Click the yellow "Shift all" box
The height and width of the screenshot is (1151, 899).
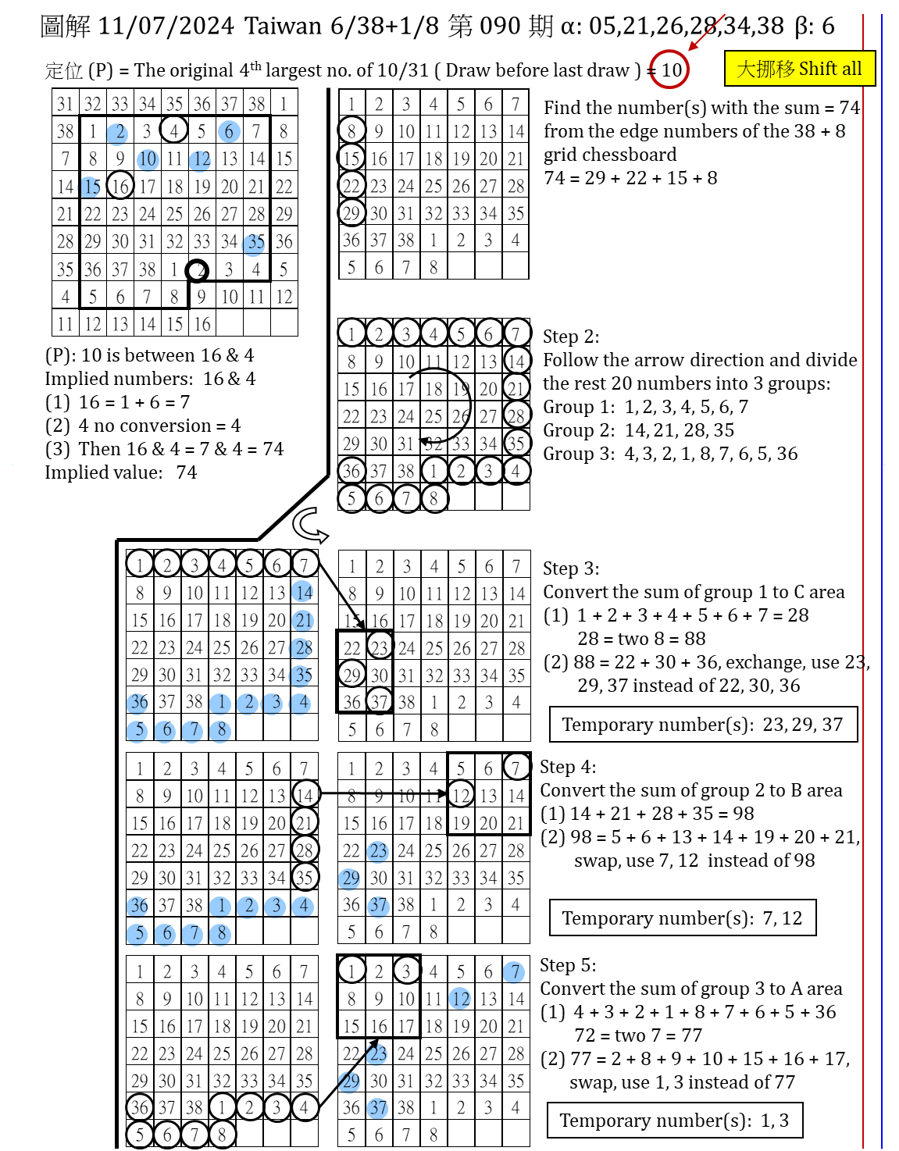[x=799, y=69]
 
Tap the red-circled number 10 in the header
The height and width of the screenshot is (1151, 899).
[x=670, y=70]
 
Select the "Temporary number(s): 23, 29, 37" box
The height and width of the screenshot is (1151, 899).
[x=702, y=725]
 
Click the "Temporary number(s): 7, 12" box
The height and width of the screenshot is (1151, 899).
[x=682, y=918]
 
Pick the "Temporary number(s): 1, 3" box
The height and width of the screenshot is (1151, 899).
[x=674, y=1121]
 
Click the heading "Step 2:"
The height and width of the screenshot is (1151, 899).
[x=571, y=337]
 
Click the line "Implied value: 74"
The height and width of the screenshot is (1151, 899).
[x=121, y=472]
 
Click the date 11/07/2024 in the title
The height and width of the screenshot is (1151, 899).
[x=166, y=26]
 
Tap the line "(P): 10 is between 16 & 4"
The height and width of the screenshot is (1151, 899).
[x=149, y=355]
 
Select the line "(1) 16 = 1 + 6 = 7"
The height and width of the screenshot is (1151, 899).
[x=117, y=402]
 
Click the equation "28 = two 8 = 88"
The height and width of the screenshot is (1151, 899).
[x=641, y=639]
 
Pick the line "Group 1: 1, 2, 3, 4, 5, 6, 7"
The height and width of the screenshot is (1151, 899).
[x=645, y=407]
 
